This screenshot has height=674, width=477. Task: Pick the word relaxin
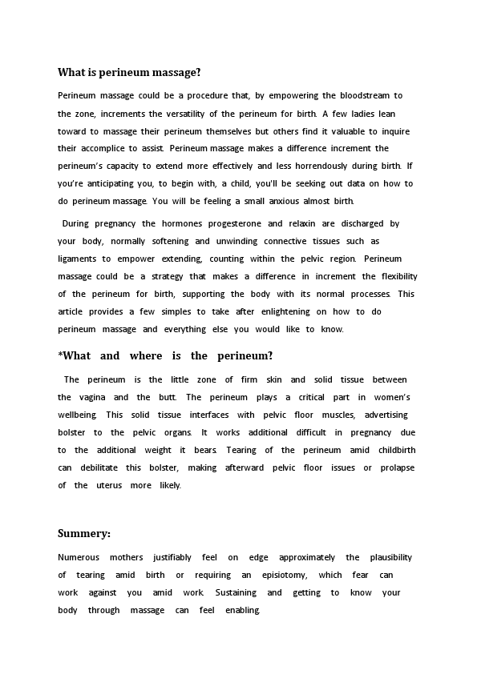point(305,224)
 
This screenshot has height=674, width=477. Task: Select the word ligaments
point(76,259)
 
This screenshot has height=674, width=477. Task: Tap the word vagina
point(92,397)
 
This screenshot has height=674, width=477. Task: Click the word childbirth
point(397,450)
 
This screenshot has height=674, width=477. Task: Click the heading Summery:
point(84,533)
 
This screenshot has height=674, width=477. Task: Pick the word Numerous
point(79,557)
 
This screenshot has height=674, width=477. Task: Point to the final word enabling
point(243,610)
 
